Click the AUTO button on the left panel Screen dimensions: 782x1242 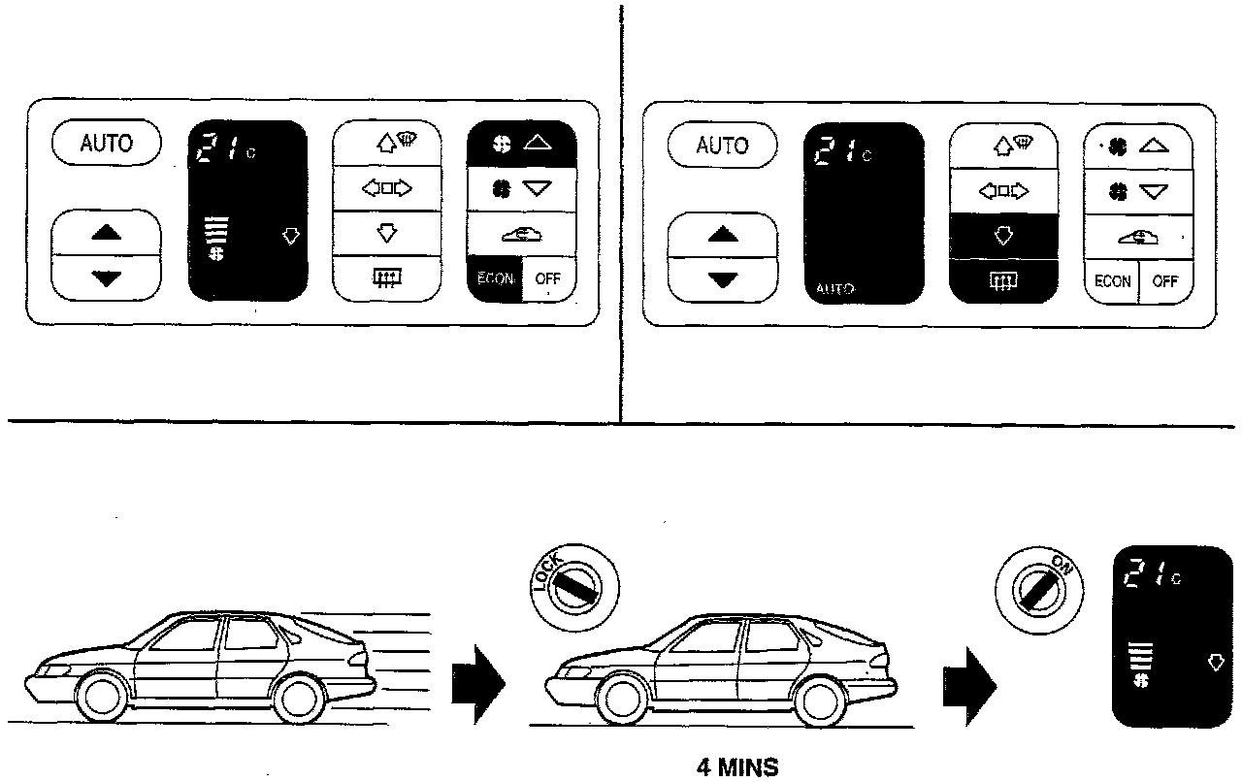pyautogui.click(x=106, y=144)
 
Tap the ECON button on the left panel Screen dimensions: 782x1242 pyautogui.click(x=495, y=279)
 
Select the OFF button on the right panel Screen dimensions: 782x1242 pyautogui.click(x=1165, y=281)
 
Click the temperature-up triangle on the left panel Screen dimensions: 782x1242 pyautogui.click(x=106, y=233)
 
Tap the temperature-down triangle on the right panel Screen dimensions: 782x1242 pyautogui.click(x=722, y=280)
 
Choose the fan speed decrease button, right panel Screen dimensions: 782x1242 pyautogui.click(x=1137, y=192)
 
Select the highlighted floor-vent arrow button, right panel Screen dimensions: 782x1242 pyautogui.click(x=1003, y=235)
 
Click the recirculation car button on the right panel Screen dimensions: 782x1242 pyautogui.click(x=1137, y=235)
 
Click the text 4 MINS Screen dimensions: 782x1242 pyautogui.click(x=737, y=768)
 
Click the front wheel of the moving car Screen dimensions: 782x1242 pyautogui.click(x=100, y=697)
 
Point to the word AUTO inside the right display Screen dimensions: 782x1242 pyautogui.click(x=833, y=289)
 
